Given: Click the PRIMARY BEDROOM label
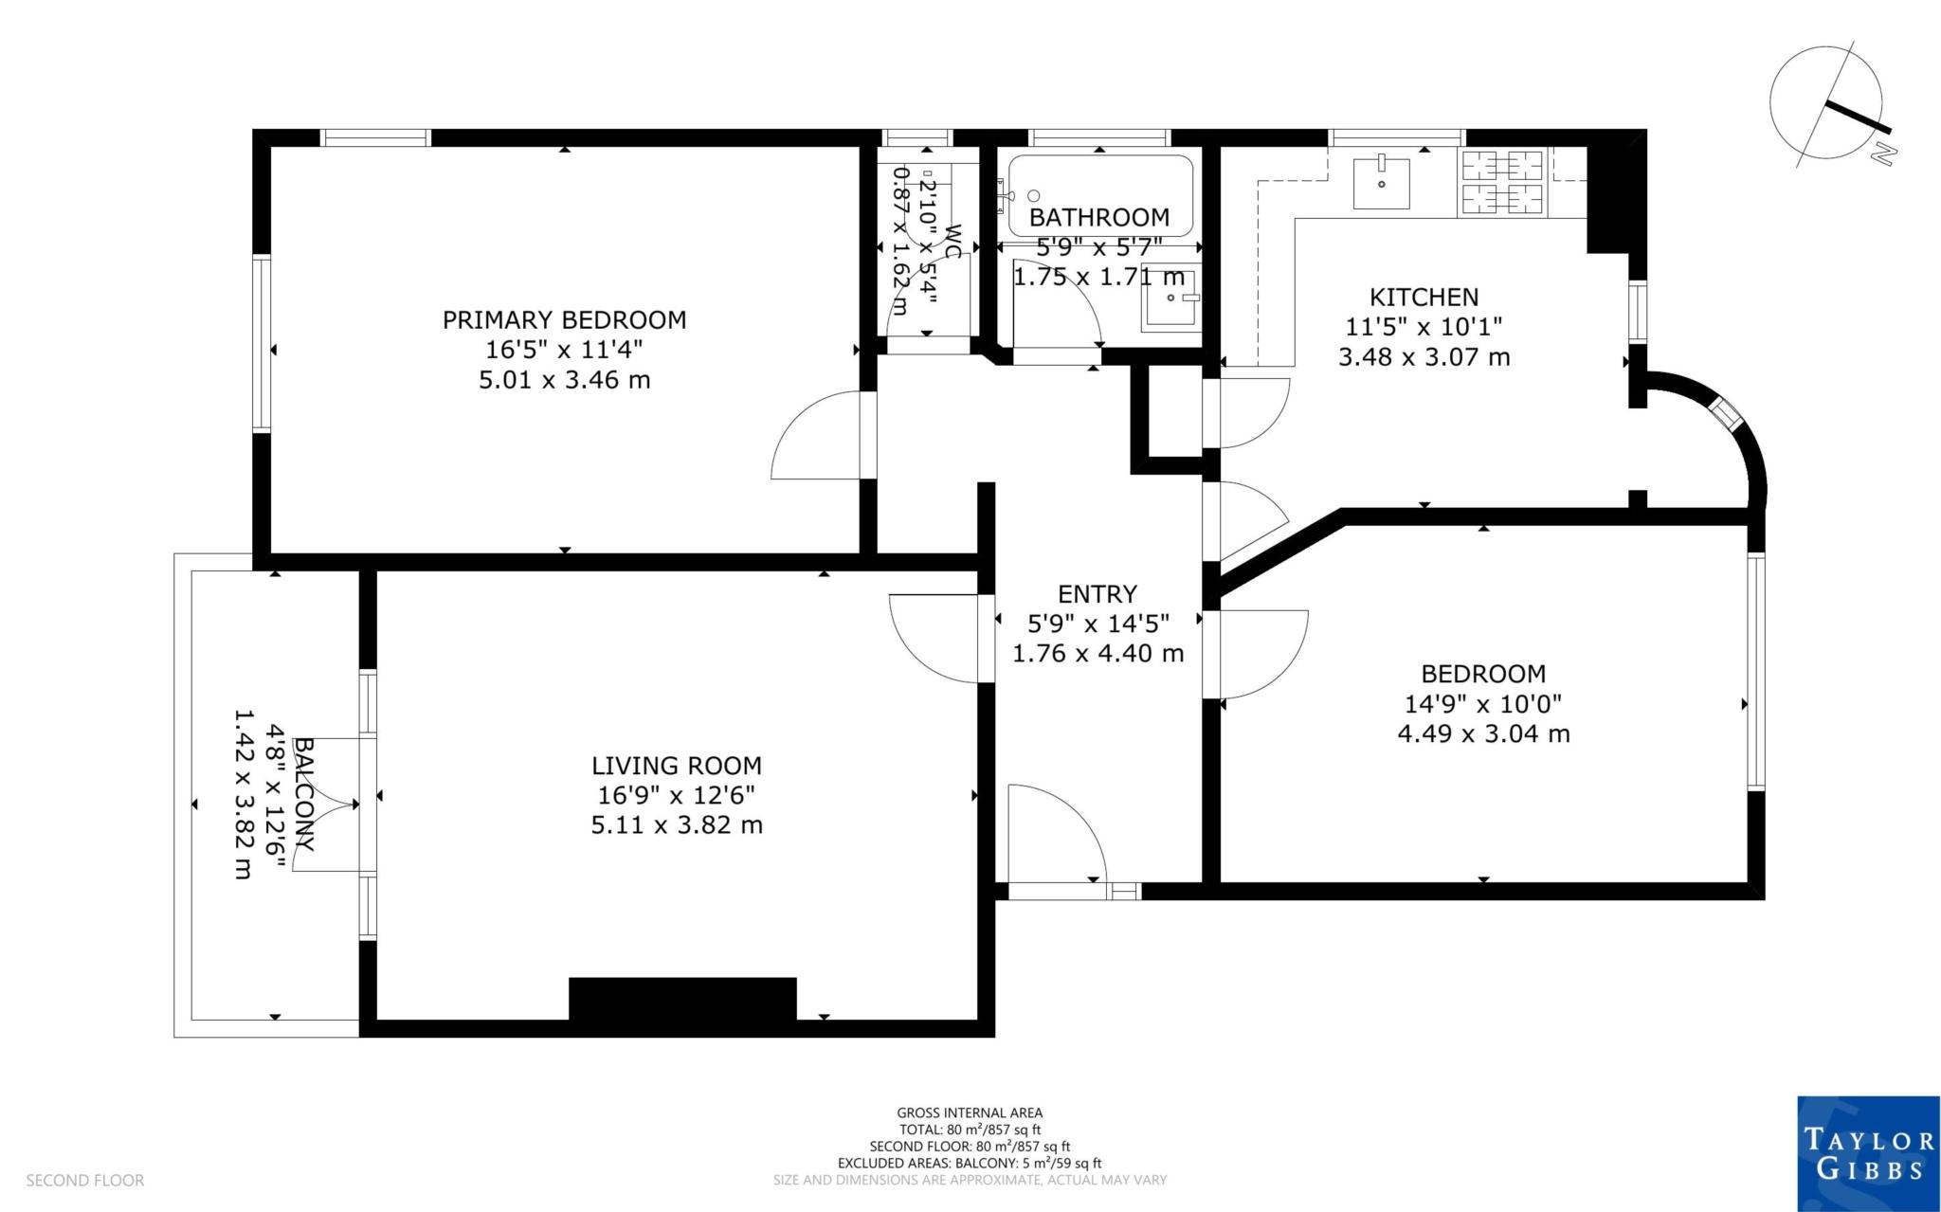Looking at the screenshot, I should [564, 319].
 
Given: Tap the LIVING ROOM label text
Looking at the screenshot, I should [676, 765].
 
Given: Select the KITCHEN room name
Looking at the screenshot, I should [1424, 297].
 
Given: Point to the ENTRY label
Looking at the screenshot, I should [1097, 594].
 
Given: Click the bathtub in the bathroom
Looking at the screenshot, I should [1099, 194].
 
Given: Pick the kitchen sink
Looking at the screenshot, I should [1381, 183].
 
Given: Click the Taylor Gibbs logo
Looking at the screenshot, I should [1868, 1153].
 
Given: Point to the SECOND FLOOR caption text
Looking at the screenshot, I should [84, 1181].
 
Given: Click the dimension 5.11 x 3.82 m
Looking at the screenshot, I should [676, 825].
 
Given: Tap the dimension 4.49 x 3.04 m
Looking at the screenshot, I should [1483, 733].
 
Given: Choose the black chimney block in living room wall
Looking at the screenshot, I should [681, 999].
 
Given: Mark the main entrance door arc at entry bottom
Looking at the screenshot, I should [1057, 834].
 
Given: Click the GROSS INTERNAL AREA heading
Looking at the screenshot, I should [970, 1113].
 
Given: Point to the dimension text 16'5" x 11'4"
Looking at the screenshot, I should [564, 350].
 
